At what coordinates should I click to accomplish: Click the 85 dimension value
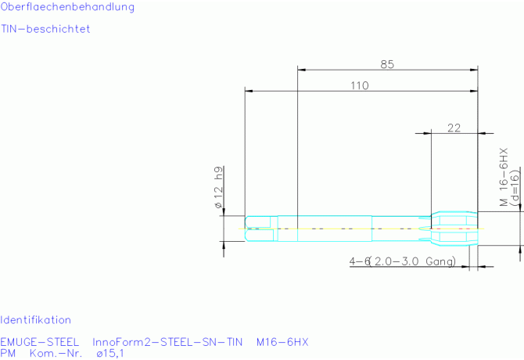pyautogui.click(x=387, y=64)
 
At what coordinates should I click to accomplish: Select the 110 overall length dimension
pyautogui.click(x=360, y=86)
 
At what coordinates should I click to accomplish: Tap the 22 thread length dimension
pyautogui.click(x=454, y=128)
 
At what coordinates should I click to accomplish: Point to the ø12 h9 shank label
pyautogui.click(x=218, y=187)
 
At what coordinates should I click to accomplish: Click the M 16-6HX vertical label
pyautogui.click(x=504, y=177)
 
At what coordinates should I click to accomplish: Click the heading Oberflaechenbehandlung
pyautogui.click(x=67, y=7)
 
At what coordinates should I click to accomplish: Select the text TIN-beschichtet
pyautogui.click(x=45, y=29)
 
